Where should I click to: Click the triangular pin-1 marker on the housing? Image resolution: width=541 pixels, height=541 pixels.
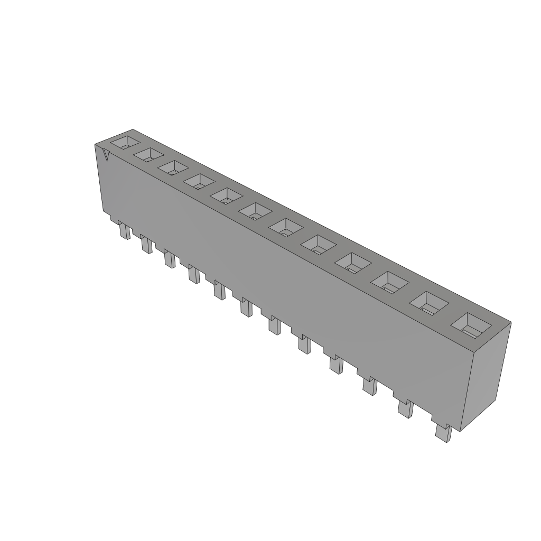pyautogui.click(x=106, y=155)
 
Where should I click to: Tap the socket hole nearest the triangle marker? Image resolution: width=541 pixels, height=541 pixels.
pyautogui.click(x=126, y=142)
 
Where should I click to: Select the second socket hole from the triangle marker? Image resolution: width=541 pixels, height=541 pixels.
pyautogui.click(x=149, y=155)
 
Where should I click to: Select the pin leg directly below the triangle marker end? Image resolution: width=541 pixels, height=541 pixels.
pyautogui.click(x=124, y=231)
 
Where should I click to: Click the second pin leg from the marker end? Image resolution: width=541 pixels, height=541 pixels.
pyautogui.click(x=146, y=245)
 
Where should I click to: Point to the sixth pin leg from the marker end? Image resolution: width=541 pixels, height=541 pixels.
pyautogui.click(x=246, y=306)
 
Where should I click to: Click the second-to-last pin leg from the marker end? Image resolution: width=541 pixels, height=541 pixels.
pyautogui.click(x=405, y=408)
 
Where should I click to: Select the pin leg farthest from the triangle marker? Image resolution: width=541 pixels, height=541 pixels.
pyautogui.click(x=442, y=433)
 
